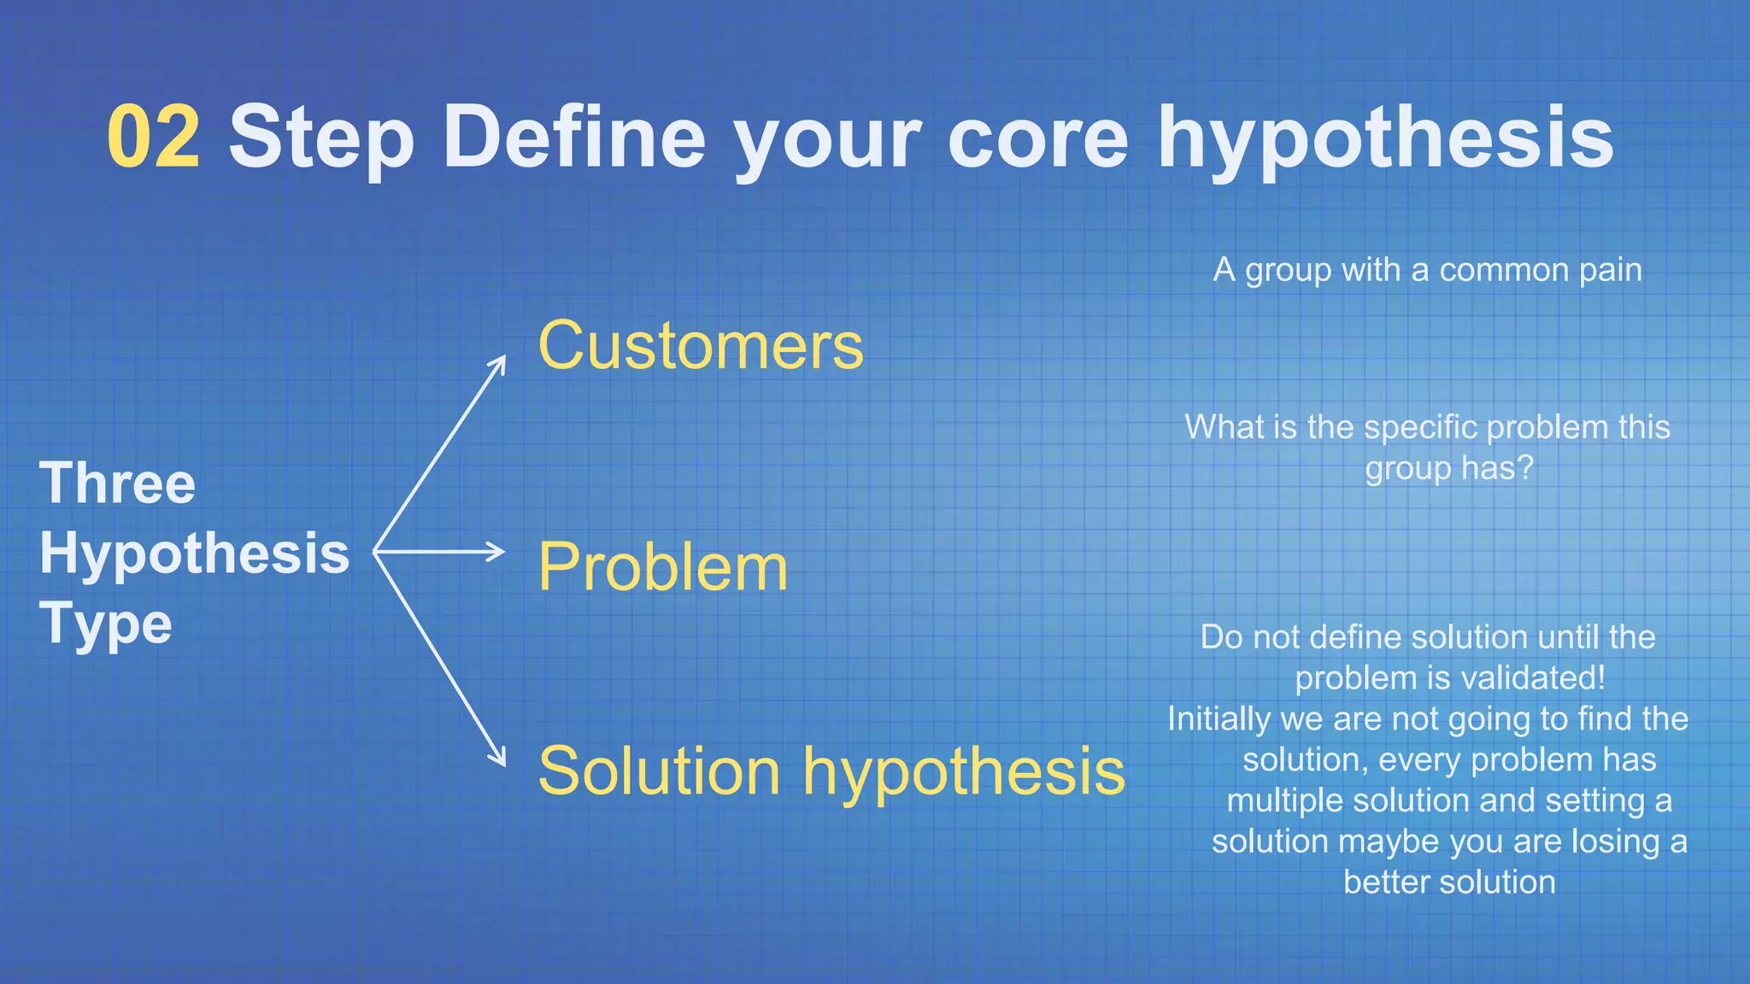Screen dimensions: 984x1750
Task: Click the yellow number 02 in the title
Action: pos(154,137)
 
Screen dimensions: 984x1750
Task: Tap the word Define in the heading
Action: pos(573,137)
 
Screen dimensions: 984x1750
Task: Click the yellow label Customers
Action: pos(701,345)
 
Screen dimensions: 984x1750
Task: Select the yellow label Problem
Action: pos(662,567)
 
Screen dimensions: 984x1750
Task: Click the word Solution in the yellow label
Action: pos(660,770)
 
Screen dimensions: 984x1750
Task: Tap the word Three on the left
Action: pos(118,483)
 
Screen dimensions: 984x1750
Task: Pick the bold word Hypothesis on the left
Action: pos(195,553)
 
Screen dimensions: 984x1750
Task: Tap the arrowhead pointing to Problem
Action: pos(497,552)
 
